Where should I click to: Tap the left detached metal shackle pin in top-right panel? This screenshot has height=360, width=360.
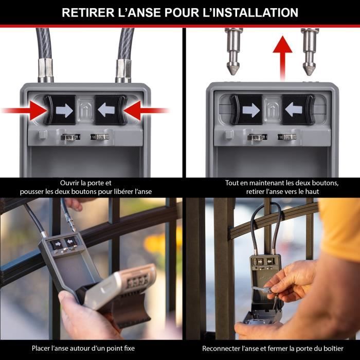click(x=234, y=50)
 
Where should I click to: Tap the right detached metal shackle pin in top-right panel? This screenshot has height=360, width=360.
click(x=310, y=50)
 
